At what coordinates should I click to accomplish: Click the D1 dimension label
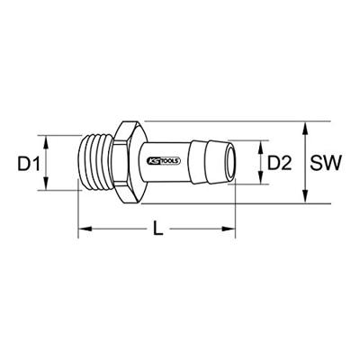tap(29, 164)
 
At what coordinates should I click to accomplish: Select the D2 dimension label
tap(279, 164)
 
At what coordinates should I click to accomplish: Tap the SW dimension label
tap(326, 164)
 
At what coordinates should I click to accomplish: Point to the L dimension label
tap(157, 228)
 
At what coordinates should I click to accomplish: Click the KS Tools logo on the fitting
tap(164, 161)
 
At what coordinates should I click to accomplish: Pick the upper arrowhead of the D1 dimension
tap(46, 142)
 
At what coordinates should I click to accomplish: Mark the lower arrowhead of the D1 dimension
tap(46, 183)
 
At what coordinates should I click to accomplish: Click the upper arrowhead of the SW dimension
tap(305, 129)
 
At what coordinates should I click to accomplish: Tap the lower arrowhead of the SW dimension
tap(305, 196)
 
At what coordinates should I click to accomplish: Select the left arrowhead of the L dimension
tap(85, 229)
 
